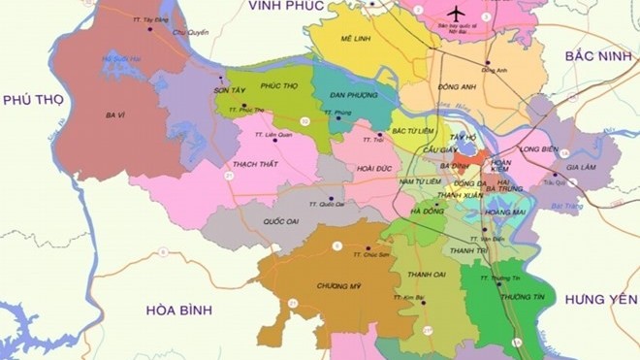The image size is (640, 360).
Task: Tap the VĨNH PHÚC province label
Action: tap(285, 6)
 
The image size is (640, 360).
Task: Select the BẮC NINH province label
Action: tap(597, 57)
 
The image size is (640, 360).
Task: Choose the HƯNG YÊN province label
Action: tap(602, 299)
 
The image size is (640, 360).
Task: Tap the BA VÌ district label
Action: tap(118, 115)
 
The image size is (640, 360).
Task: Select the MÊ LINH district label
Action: tap(358, 38)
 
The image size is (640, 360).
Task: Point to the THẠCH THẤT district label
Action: tap(256, 164)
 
